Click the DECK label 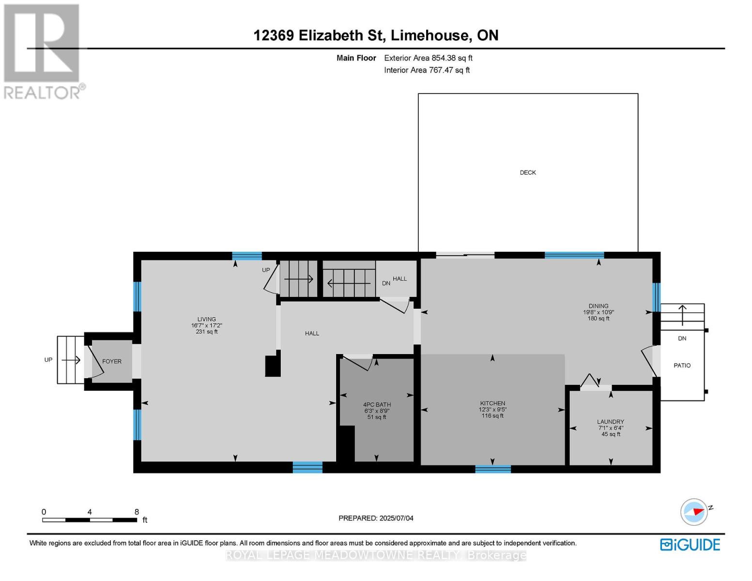click(528, 172)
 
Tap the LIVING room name click(207, 319)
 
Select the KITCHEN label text click(492, 403)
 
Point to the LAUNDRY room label click(611, 422)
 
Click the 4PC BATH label click(377, 404)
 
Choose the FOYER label click(112, 361)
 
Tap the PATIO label click(682, 366)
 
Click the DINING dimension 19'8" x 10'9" click(599, 312)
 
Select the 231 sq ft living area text click(207, 332)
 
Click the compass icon click(694, 512)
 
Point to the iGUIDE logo click(690, 545)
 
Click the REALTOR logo click(43, 52)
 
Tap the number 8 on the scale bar click(137, 512)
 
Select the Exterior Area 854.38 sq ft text click(428, 58)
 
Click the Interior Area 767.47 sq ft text click(427, 70)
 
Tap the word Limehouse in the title click(430, 35)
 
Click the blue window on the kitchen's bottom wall click(493, 469)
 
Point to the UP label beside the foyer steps click(48, 360)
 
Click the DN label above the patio click(682, 338)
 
